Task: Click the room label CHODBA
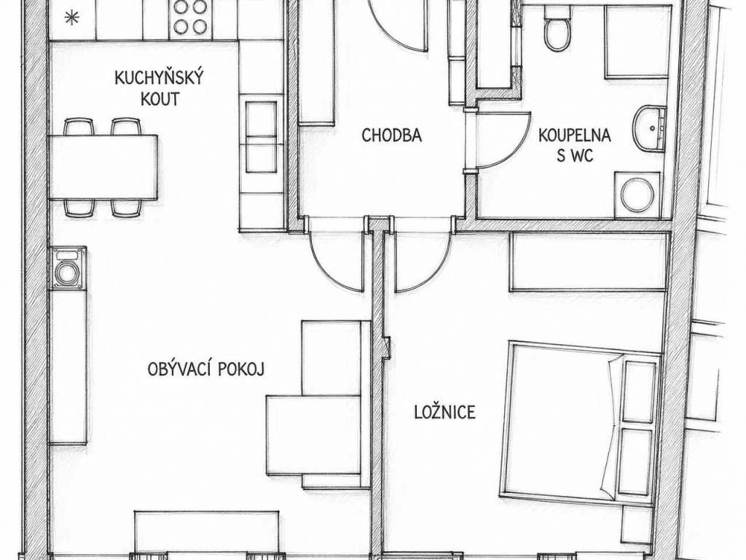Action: (x=391, y=135)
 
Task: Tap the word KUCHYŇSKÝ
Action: (x=159, y=77)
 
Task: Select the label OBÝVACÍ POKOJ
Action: (x=205, y=369)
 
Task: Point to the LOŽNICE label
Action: (x=445, y=411)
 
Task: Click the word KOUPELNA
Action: (x=574, y=135)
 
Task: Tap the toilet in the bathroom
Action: (x=557, y=28)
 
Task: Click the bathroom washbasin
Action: (x=648, y=128)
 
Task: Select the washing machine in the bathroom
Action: (x=637, y=195)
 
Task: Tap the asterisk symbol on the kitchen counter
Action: (x=71, y=18)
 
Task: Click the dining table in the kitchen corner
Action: (x=103, y=167)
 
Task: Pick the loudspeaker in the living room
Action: (x=68, y=268)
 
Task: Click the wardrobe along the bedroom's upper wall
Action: (x=588, y=262)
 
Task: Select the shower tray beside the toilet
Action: (x=637, y=42)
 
